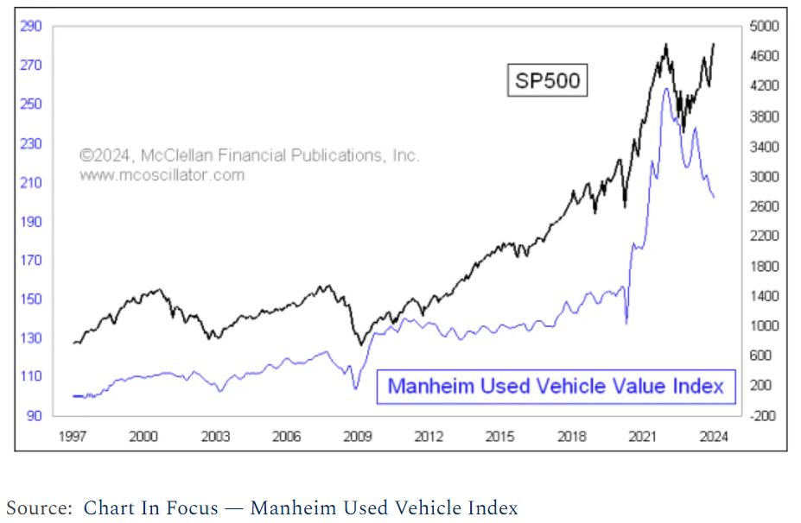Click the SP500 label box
[x=547, y=81]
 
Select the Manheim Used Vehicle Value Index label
[x=556, y=386]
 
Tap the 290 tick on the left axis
[x=31, y=26]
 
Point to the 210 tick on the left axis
[x=31, y=182]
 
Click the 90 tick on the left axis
[x=35, y=416]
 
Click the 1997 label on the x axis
[x=73, y=437]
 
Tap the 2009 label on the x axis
[x=358, y=437]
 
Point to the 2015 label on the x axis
[x=500, y=437]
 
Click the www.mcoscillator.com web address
[x=162, y=175]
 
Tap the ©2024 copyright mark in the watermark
[x=105, y=156]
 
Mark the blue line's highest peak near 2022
[x=665, y=88]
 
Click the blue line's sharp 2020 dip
[x=626, y=323]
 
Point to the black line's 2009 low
[x=361, y=344]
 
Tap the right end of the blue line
[x=714, y=198]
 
